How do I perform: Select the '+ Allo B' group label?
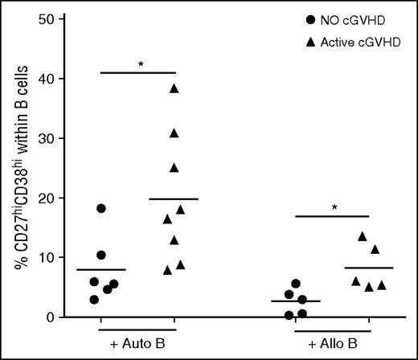click(x=331, y=344)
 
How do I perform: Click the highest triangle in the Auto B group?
click(x=174, y=88)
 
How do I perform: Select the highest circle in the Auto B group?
click(x=101, y=208)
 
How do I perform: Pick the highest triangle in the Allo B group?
click(x=362, y=236)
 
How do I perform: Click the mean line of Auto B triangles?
click(x=174, y=198)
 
